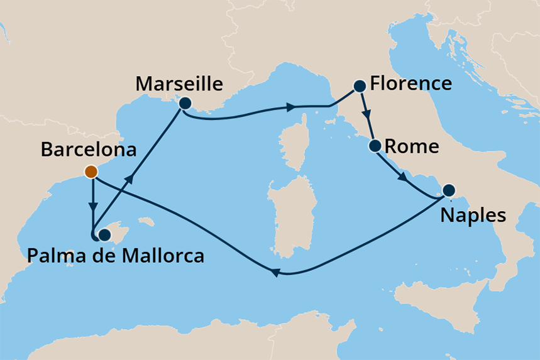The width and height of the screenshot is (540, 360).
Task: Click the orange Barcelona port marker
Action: pos(91,172)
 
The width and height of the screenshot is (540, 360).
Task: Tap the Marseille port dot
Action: pos(185,103)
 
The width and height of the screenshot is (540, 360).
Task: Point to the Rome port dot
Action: pos(375,146)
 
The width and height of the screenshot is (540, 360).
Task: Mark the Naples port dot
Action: pos(449,190)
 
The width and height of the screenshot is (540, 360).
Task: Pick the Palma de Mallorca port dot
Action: pos(104,234)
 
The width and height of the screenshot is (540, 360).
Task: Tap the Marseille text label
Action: pos(179,84)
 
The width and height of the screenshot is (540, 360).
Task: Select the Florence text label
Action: pos(411,84)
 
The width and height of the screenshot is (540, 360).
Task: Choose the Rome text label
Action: pos(411,147)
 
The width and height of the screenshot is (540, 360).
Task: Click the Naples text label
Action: pos(473,215)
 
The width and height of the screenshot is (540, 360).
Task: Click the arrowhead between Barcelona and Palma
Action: pos(93,206)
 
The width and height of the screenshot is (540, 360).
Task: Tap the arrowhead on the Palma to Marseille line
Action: pos(129,180)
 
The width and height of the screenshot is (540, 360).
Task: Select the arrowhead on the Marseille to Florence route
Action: pos(292,107)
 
